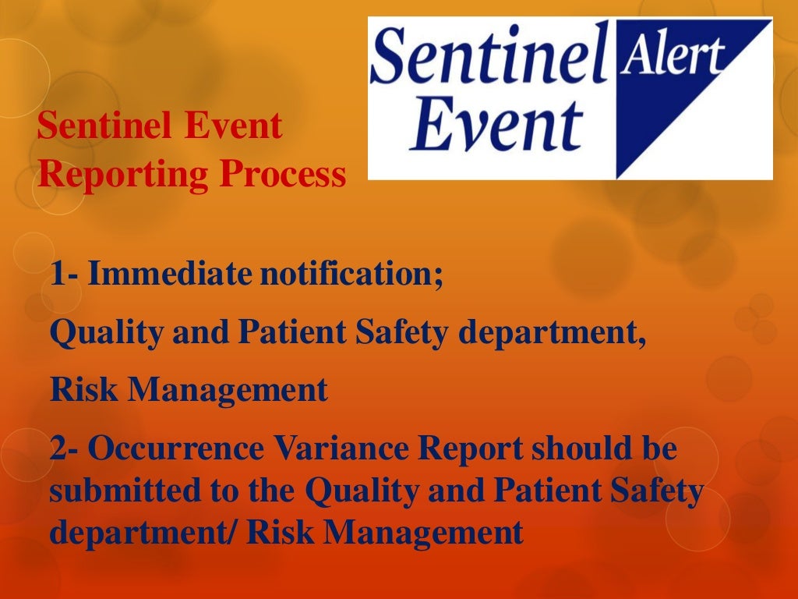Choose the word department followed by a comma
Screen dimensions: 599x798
coord(552,334)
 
